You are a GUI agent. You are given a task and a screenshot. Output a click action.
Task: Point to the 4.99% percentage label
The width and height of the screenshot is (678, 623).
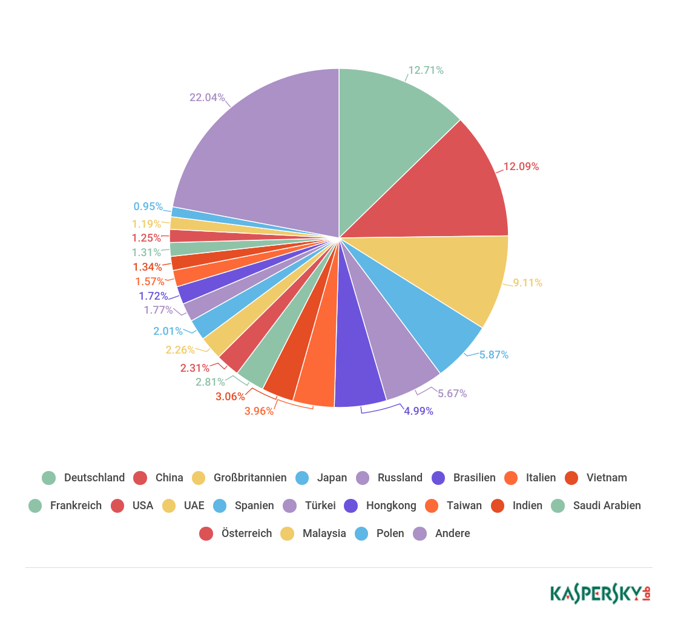(418, 410)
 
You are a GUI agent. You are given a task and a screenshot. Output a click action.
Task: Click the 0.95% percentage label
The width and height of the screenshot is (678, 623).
(148, 206)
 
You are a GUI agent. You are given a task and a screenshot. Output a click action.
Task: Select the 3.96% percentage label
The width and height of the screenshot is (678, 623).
(259, 410)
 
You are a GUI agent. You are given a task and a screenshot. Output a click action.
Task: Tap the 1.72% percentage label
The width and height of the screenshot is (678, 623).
(153, 295)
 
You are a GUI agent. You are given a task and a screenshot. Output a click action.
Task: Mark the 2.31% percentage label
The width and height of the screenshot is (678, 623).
(194, 368)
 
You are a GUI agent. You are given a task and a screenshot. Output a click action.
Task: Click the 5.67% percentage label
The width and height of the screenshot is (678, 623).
(452, 394)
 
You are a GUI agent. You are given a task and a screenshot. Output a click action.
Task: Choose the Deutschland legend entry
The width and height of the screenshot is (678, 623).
(84, 478)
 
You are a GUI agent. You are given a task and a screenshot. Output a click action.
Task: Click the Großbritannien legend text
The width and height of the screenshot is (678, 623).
(250, 478)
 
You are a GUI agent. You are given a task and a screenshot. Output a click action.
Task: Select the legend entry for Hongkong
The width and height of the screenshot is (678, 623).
(381, 506)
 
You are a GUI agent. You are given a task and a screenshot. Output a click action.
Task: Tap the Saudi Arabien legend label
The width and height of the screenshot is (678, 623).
(607, 506)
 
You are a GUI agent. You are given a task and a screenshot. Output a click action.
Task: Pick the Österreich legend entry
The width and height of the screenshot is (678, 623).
(235, 533)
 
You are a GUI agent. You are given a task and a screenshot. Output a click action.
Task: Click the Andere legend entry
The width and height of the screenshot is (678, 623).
(441, 533)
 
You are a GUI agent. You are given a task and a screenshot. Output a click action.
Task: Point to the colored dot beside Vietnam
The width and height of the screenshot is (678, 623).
(571, 478)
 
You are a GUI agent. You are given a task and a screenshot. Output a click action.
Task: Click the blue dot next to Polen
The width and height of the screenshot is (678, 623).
(361, 533)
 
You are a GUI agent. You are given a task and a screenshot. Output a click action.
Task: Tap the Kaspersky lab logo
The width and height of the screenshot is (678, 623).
(601, 594)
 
